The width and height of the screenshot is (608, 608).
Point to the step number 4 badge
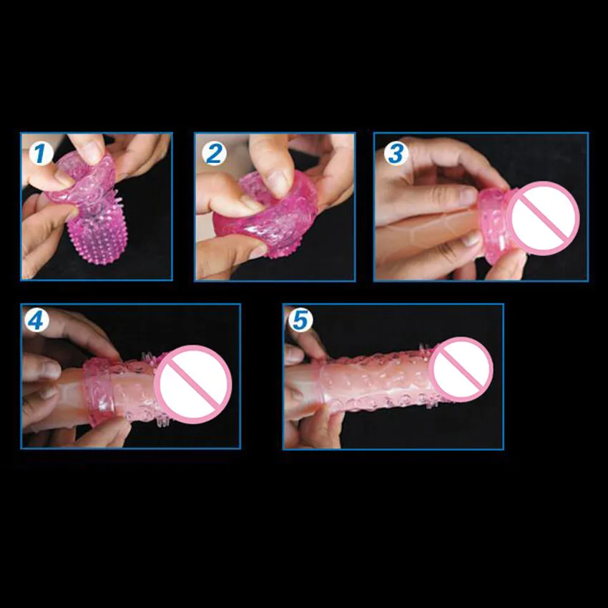click(x=36, y=320)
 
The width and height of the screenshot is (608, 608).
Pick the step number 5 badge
click(x=300, y=320)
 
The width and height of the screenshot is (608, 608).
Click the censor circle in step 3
click(x=543, y=218)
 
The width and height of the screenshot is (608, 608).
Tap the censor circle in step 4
click(x=194, y=384)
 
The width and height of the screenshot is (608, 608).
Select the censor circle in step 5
click(x=461, y=370)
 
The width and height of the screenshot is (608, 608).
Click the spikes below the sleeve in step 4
click(x=165, y=422)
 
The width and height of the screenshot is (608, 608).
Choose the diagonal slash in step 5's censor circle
click(x=461, y=370)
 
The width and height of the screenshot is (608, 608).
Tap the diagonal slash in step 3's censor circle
click(x=543, y=218)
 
